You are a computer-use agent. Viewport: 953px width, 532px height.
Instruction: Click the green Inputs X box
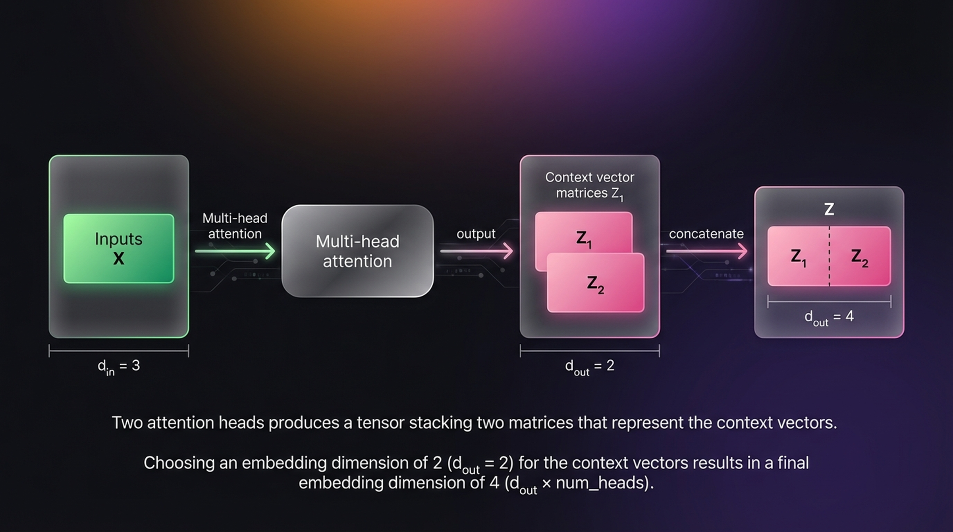tap(118, 248)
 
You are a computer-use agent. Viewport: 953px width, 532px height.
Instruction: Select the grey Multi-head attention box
tap(357, 251)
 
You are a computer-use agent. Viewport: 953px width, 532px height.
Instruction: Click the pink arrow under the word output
tap(476, 251)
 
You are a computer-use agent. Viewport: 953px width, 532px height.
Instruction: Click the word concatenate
tap(706, 234)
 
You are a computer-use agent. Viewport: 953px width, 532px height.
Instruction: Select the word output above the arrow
tap(476, 234)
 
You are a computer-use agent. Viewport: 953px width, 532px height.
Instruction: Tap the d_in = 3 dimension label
tap(118, 366)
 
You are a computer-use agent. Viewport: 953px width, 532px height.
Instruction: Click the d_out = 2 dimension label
tap(590, 366)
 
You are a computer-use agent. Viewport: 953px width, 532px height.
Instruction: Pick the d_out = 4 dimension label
tap(829, 317)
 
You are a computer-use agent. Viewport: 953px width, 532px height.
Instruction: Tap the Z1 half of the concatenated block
tap(798, 257)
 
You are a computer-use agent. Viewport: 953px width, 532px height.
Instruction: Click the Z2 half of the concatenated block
tap(860, 257)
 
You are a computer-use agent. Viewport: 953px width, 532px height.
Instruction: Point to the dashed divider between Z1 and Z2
tap(829, 256)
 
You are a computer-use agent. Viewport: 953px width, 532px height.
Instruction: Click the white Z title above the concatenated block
tap(829, 209)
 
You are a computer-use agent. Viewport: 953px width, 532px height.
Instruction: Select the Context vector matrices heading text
tap(590, 185)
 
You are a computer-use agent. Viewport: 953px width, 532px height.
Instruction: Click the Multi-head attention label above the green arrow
tap(235, 226)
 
